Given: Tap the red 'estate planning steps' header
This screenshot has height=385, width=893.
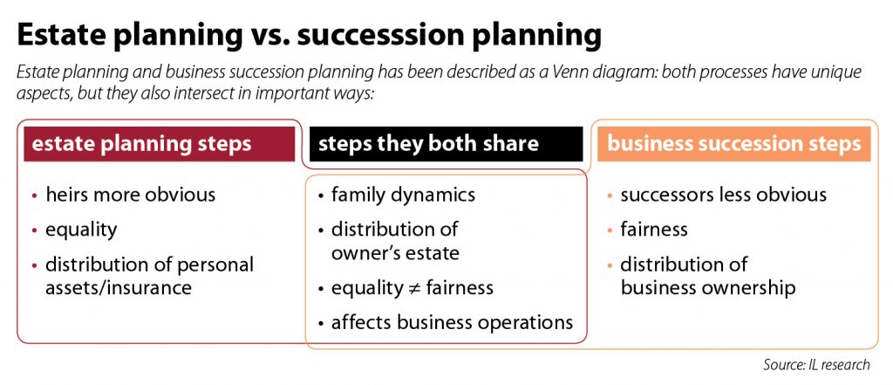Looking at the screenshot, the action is pos(160,144).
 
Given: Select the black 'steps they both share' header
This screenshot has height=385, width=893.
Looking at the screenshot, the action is pos(446,144).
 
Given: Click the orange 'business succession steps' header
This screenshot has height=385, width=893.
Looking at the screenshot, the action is pos(734,144).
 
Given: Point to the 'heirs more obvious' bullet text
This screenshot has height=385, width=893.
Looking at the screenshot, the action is pos(131,195).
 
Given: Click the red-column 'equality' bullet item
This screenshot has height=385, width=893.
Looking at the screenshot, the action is pos(81,230).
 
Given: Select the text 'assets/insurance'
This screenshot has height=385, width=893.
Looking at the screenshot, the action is pos(119,288).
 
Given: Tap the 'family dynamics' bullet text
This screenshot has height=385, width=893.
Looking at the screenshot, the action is pos(403,195).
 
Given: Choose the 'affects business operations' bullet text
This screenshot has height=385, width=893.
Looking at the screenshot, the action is pos(453,323).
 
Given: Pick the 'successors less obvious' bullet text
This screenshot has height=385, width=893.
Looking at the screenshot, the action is pos(723,195).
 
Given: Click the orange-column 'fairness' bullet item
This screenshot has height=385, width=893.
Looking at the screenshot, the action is pos(654,230).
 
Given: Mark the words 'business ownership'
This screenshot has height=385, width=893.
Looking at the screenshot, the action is pos(708,288).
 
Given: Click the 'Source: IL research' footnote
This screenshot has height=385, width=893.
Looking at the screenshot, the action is pos(816,364).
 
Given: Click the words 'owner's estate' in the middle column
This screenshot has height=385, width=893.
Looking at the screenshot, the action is pos(395,253).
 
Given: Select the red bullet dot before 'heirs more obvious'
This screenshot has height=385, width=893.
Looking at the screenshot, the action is pos(35,196).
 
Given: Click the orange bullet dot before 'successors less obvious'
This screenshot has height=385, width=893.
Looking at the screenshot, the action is pos(610,196).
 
